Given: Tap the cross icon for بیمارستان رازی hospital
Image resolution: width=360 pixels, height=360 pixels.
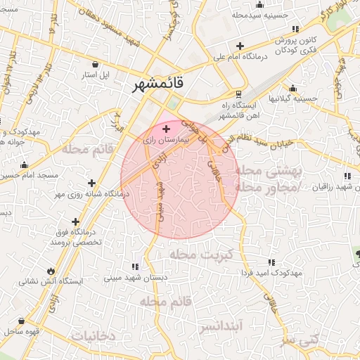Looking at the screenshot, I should pyautogui.click(x=166, y=129).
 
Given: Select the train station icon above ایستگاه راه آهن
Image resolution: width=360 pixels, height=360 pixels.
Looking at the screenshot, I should pyautogui.click(x=239, y=94).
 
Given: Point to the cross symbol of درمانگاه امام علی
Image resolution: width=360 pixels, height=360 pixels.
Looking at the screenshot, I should pyautogui.click(x=240, y=46).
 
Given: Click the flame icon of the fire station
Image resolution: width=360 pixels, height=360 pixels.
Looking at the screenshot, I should pyautogui.click(x=51, y=271).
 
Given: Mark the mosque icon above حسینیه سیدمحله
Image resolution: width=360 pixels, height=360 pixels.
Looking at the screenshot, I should pyautogui.click(x=260, y=4).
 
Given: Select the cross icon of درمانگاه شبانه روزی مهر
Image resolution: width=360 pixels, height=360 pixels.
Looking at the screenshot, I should pyautogui.click(x=91, y=184).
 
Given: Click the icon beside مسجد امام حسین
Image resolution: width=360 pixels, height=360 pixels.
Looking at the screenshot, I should pyautogui.click(x=24, y=165).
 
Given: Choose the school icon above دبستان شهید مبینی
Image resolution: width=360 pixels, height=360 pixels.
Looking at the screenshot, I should pyautogui.click(x=135, y=266).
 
